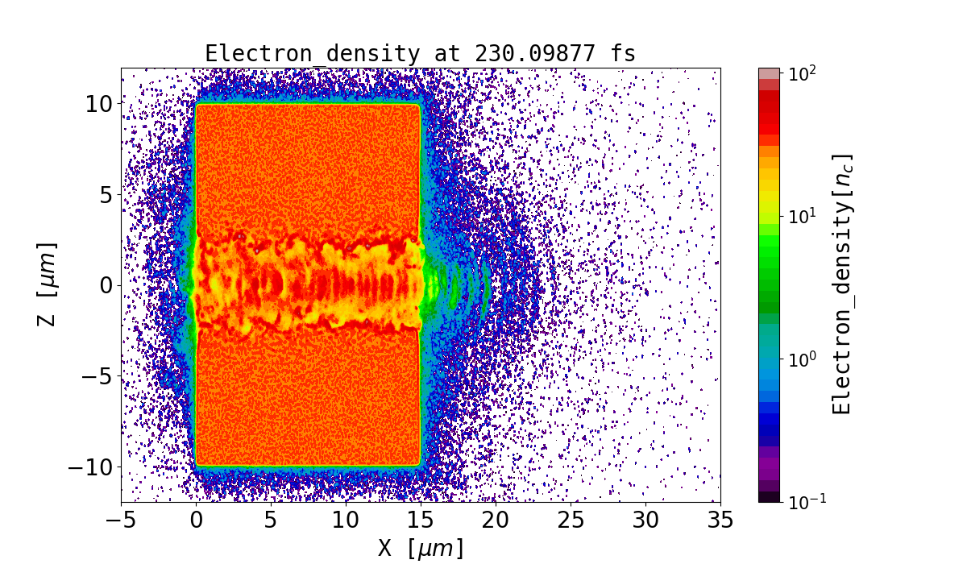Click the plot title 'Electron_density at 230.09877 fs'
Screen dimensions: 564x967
(420, 53)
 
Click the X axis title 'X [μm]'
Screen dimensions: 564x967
(420, 548)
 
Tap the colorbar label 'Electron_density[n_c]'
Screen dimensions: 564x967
(842, 284)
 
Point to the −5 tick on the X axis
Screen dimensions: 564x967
(122, 520)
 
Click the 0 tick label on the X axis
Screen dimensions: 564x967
(197, 520)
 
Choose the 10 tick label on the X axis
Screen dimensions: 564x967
(347, 520)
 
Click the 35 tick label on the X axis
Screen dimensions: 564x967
(720, 520)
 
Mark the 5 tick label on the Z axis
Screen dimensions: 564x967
(102, 194)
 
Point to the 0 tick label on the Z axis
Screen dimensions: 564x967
(102, 285)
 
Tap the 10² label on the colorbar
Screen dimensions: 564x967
(802, 73)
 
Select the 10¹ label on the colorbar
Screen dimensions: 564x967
(802, 216)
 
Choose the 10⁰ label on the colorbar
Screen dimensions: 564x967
(802, 359)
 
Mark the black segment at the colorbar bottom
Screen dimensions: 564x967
(769, 497)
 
